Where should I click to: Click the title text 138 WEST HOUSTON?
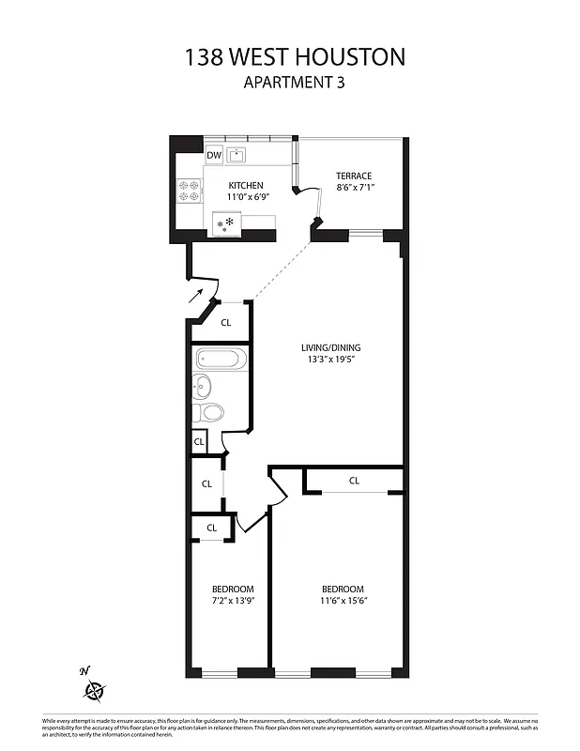tap(296, 56)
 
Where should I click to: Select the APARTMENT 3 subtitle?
tap(296, 82)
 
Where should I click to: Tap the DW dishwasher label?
tap(214, 155)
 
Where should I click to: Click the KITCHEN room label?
tap(245, 186)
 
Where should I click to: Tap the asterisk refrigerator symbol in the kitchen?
tap(225, 223)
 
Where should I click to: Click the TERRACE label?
tap(354, 176)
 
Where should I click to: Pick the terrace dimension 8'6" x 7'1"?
tap(354, 189)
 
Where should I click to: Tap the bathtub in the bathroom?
tap(221, 359)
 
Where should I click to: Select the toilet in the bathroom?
tap(212, 412)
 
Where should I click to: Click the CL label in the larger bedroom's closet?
tap(354, 481)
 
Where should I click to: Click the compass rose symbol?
tap(95, 693)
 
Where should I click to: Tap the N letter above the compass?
tap(84, 670)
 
